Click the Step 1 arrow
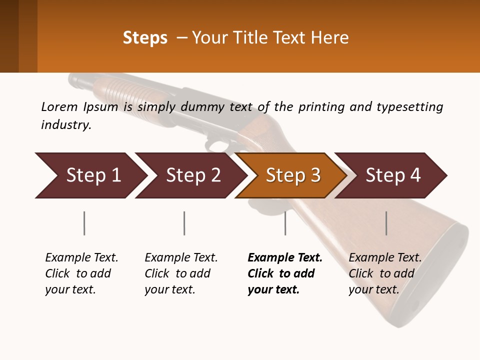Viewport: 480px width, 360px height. point(93,175)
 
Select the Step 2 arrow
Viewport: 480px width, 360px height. point(193,175)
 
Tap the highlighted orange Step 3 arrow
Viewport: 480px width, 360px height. point(293,175)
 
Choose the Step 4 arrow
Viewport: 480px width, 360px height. point(393,175)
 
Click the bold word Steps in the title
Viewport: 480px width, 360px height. point(145,38)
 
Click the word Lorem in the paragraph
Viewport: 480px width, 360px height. point(59,106)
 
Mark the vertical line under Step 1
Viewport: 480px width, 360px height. point(84,223)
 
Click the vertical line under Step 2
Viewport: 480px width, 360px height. point(184,223)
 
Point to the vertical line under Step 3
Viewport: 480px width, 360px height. point(285,223)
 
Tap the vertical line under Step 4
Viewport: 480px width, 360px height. point(386,223)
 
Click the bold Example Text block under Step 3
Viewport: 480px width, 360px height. point(285,273)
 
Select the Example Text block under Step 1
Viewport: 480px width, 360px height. point(81,273)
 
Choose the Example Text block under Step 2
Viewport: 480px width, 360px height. point(181,273)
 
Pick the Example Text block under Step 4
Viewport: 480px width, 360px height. point(385,273)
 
